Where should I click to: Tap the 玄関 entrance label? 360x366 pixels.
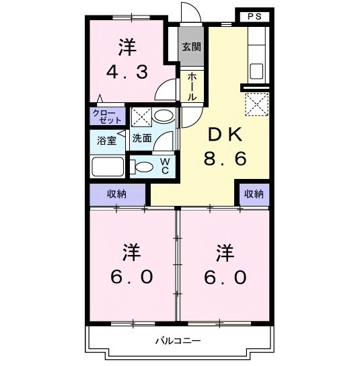click(190, 46)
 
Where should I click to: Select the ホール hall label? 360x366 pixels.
click(191, 87)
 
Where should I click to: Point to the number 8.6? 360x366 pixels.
click(225, 159)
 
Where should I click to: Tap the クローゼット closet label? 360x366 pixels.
click(108, 115)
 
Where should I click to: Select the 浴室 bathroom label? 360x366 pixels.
click(106, 141)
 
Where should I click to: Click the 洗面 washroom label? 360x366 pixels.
click(142, 139)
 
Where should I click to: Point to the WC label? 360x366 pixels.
click(164, 166)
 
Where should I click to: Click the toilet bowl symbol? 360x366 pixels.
click(143, 166)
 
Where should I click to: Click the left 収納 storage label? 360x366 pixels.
click(118, 194)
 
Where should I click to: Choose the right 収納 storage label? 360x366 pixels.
click(253, 194)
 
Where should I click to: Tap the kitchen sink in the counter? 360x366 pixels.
click(258, 70)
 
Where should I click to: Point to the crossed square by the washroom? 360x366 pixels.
click(141, 116)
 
